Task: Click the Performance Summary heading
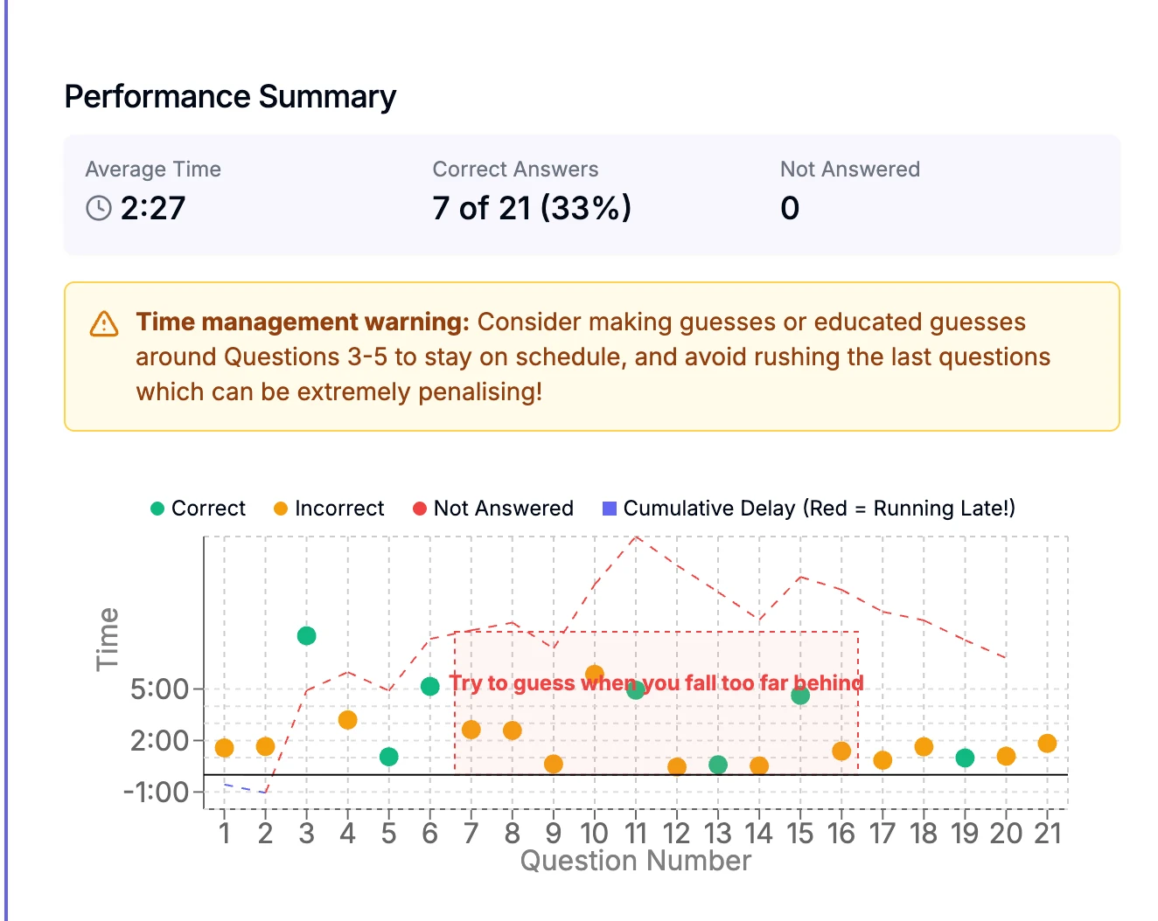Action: coord(230,97)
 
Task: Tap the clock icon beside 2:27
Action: coord(99,208)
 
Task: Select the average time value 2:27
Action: coord(153,208)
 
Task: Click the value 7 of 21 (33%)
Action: coord(531,208)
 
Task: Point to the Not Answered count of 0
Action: coord(789,208)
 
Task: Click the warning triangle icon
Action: coord(104,323)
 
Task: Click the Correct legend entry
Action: coord(199,509)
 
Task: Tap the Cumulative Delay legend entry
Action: coord(809,509)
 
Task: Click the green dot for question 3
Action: coord(306,636)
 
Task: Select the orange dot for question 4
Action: coord(347,720)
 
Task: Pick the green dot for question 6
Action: coord(429,687)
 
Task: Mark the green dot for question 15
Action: coord(800,696)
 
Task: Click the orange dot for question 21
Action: coord(1047,744)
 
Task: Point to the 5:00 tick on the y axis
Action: coord(160,689)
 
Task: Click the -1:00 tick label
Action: coord(156,793)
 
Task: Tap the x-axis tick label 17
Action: coord(882,834)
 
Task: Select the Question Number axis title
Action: coord(635,862)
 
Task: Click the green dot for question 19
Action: coord(965,758)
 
